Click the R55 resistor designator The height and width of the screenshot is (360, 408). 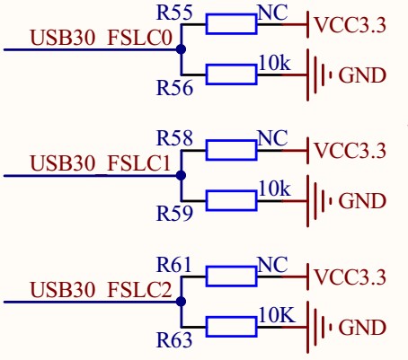(174, 13)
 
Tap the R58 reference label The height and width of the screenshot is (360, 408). (174, 138)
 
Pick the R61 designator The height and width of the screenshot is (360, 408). (174, 264)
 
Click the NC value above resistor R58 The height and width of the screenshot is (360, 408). (271, 138)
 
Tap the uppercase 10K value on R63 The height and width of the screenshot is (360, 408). (274, 315)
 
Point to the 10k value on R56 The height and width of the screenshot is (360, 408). (273, 64)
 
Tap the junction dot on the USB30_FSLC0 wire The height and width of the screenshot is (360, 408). (181, 49)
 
